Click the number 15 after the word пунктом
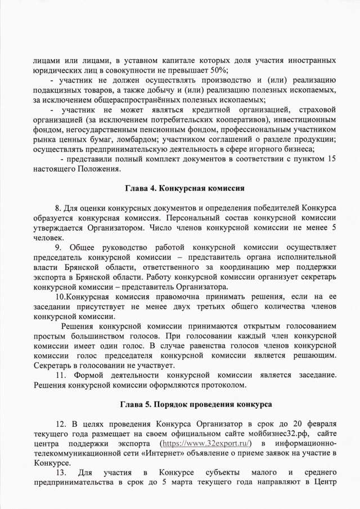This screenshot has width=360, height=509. pyautogui.click(x=332, y=159)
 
